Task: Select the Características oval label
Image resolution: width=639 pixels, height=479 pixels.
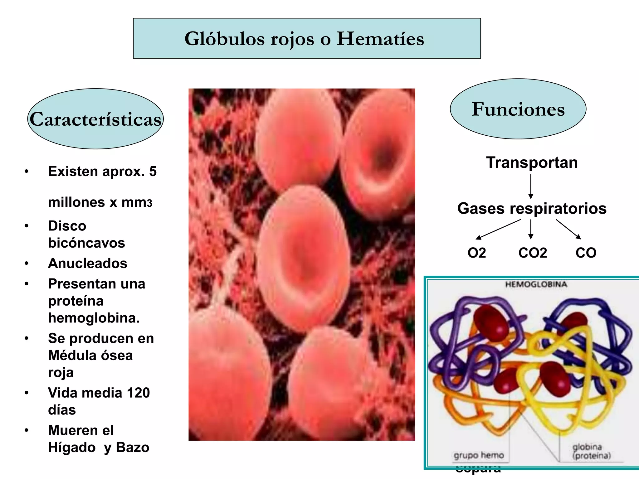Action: [x=95, y=119]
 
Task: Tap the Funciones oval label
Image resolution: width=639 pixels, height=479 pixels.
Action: [x=518, y=109]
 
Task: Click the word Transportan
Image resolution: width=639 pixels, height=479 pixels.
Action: [x=532, y=162]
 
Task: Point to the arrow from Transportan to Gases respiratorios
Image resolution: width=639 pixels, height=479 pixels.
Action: [x=530, y=186]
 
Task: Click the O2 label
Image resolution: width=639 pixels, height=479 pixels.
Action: [x=476, y=253]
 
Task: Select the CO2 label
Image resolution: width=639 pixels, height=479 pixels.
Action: [x=532, y=253]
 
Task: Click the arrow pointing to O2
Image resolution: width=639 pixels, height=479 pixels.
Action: [x=498, y=229]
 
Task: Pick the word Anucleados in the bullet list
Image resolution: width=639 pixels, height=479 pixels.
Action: [x=87, y=264]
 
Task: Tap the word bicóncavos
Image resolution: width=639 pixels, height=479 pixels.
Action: [x=86, y=243]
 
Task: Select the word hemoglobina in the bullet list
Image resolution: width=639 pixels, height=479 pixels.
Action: [x=94, y=318]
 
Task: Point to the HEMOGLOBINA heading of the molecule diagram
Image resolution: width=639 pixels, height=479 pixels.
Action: [x=536, y=284]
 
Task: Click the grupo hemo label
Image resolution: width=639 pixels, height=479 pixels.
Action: [x=479, y=455]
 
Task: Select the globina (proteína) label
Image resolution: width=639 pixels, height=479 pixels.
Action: [x=591, y=451]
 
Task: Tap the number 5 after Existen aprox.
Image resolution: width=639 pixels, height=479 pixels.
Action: [x=153, y=172]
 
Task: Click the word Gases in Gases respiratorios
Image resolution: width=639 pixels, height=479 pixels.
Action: [x=480, y=208]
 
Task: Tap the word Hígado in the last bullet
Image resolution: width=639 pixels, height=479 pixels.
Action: [x=72, y=448]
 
